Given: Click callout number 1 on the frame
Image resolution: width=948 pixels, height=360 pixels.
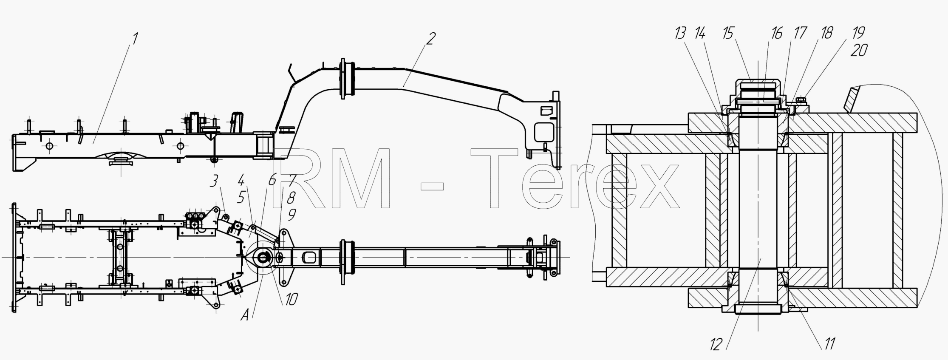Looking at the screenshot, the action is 134,39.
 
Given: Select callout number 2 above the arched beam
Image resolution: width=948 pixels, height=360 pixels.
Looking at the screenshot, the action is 430,39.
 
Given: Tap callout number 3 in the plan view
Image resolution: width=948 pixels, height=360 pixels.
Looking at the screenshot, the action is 214,181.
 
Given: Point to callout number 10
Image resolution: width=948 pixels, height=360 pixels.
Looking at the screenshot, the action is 291,299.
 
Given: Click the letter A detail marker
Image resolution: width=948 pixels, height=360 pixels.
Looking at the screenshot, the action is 245,315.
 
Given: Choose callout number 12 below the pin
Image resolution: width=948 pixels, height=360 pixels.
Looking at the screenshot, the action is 716,345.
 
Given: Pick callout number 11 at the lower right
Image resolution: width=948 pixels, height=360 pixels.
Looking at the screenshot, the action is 829,343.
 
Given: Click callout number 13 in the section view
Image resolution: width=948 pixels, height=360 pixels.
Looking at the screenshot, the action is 680,33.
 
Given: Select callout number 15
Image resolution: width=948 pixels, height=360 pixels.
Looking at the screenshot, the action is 729,33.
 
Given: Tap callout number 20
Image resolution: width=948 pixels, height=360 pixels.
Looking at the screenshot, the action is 858,51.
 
